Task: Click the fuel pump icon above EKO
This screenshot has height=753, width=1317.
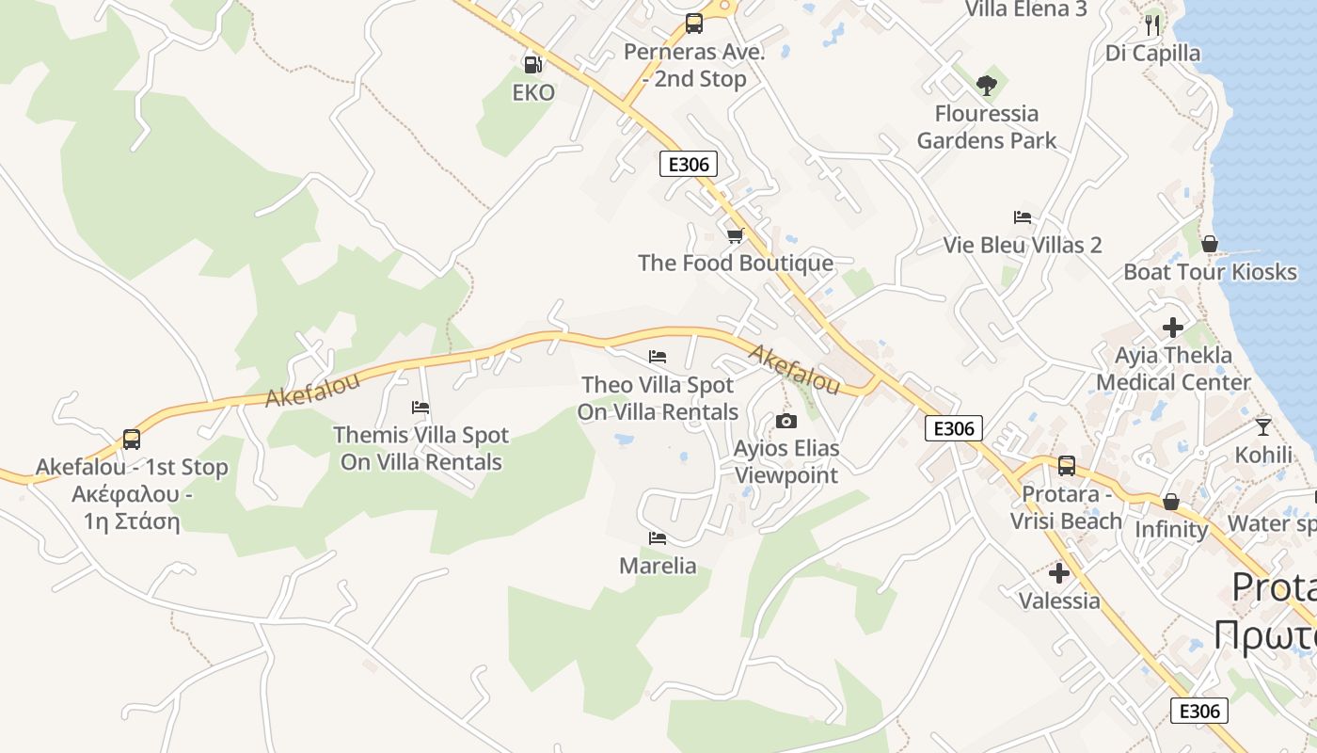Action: [532, 65]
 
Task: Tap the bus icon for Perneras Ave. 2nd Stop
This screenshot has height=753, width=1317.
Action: [694, 24]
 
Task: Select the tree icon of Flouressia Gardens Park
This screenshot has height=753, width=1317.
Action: [986, 86]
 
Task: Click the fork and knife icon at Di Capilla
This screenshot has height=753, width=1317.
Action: [1153, 24]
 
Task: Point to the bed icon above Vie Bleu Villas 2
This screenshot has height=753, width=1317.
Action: [1023, 217]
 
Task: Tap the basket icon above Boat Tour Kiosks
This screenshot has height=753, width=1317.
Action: [1210, 244]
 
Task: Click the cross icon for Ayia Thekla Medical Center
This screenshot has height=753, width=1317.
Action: [1173, 328]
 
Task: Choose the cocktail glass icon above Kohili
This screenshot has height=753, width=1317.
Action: [1263, 426]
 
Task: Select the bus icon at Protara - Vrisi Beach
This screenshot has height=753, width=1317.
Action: [1067, 466]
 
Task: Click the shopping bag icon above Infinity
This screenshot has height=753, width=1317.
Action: [1171, 502]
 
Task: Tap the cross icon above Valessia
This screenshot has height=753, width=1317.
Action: [1059, 572]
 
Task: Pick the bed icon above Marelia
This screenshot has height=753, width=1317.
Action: [658, 538]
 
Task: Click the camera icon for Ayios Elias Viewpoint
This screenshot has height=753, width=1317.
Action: [786, 421]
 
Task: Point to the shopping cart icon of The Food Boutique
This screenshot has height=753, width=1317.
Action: [735, 235]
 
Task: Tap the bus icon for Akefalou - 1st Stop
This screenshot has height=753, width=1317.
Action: [132, 440]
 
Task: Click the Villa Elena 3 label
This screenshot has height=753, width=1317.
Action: [1026, 9]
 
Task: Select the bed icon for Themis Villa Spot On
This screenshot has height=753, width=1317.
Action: [420, 408]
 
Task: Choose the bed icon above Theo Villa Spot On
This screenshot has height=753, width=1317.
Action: [658, 357]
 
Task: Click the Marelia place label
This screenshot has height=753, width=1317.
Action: [658, 566]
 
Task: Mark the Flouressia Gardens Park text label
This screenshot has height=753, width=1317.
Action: [987, 127]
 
